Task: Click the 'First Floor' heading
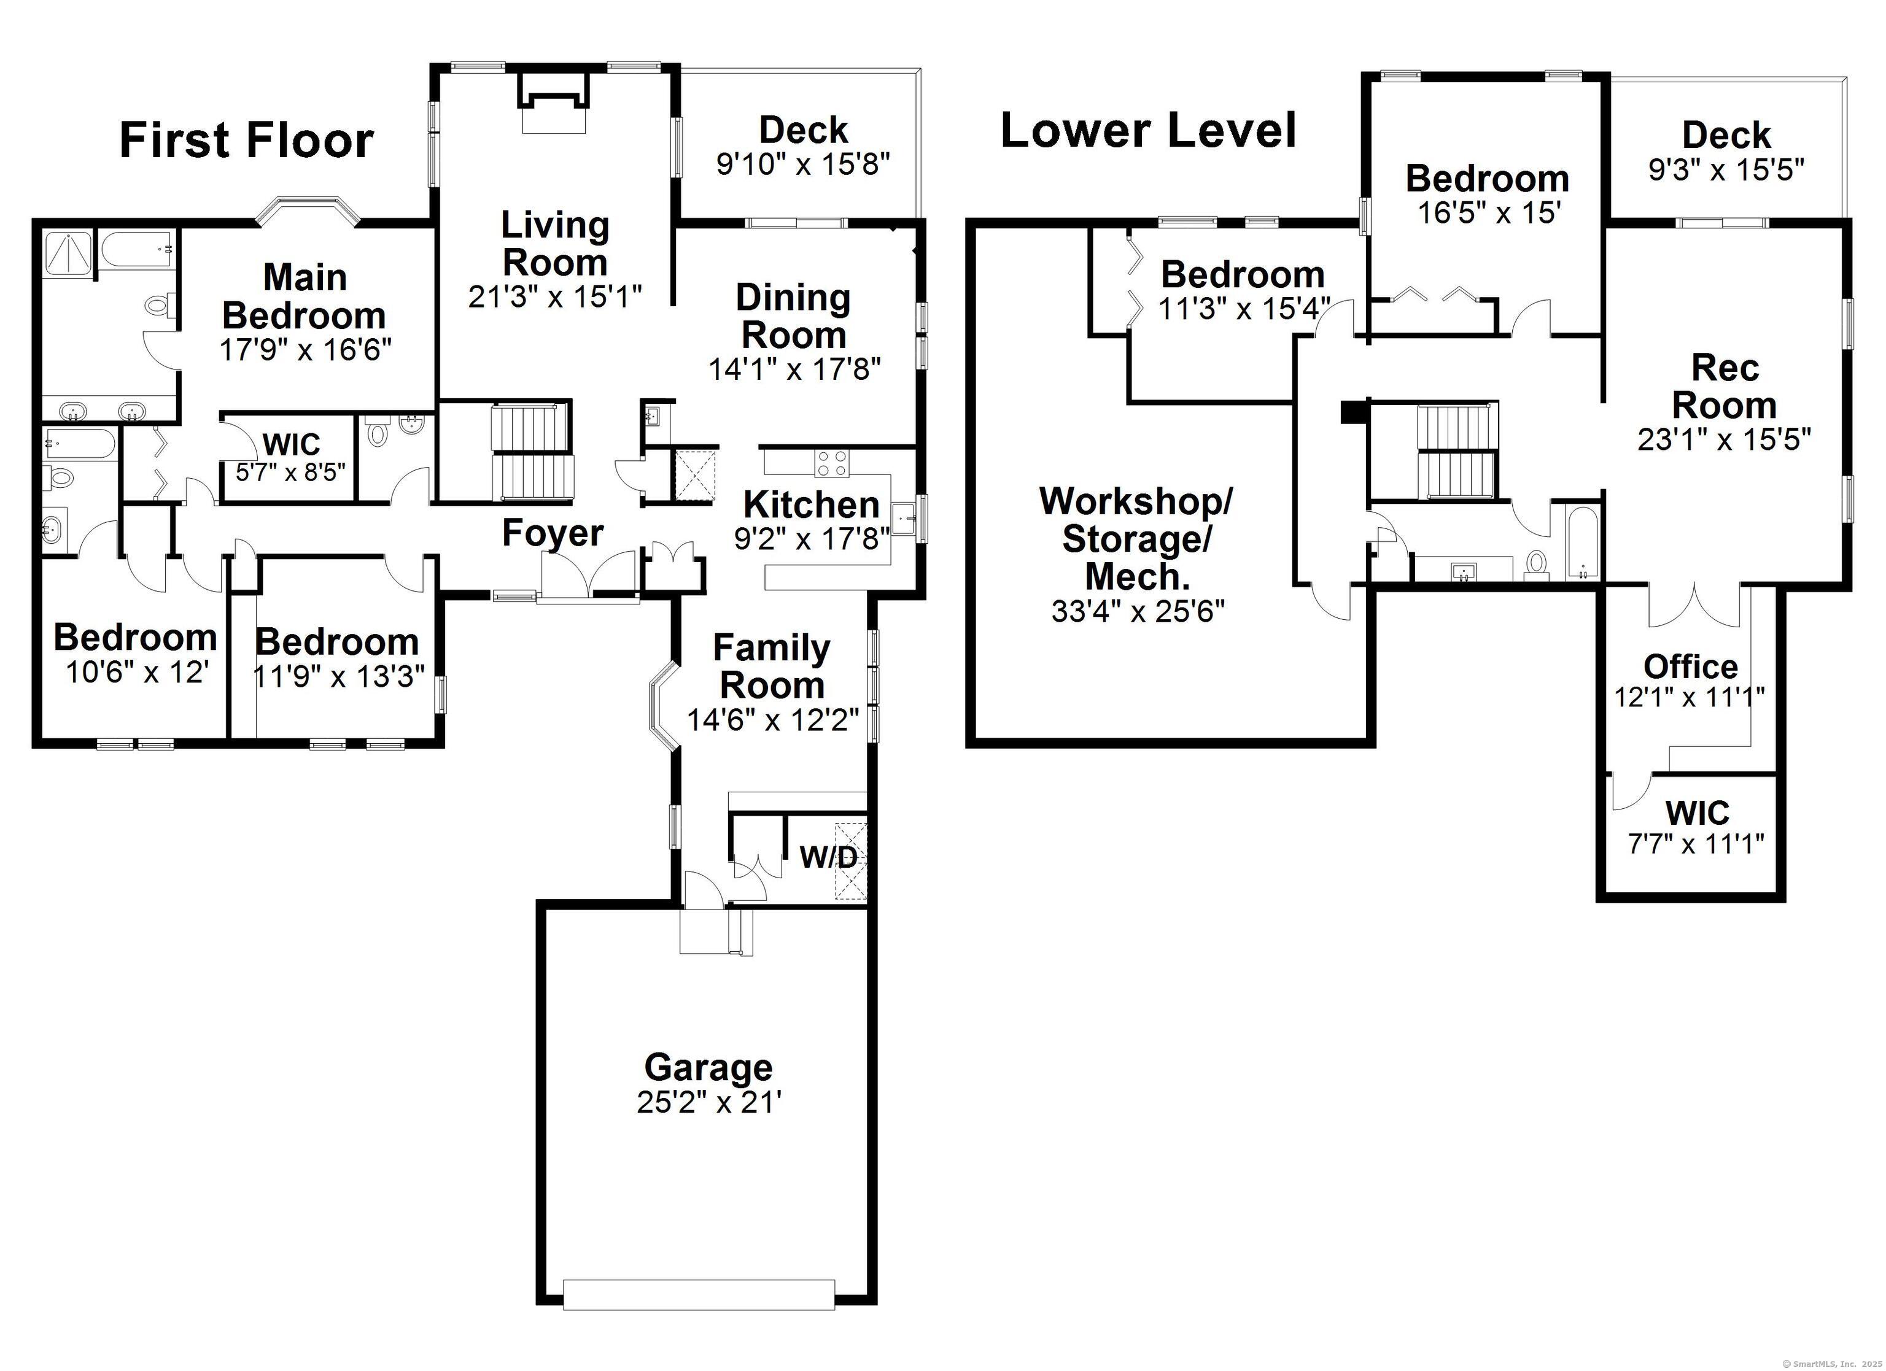(x=246, y=140)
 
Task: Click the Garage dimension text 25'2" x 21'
(x=708, y=1102)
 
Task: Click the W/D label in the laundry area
(x=828, y=857)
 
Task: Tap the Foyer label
(x=553, y=533)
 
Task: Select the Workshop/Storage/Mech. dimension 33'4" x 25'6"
(x=1138, y=611)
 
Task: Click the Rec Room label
(x=1725, y=387)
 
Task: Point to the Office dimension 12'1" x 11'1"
(x=1690, y=697)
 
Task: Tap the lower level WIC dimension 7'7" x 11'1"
(x=1696, y=844)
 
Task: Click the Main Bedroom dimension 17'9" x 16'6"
(x=305, y=349)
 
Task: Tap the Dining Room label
(x=793, y=316)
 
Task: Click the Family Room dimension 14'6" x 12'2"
(x=772, y=719)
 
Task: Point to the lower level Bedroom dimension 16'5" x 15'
(x=1488, y=213)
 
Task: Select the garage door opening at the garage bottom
(x=699, y=1318)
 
